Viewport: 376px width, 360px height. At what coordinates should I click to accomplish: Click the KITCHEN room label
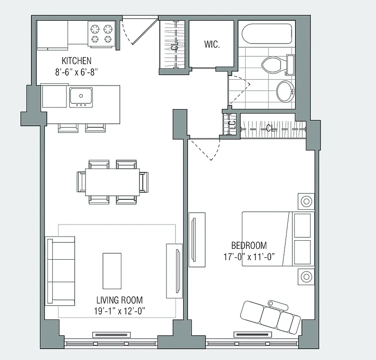[x=76, y=60]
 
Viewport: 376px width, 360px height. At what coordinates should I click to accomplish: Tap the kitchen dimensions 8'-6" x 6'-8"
[x=76, y=71]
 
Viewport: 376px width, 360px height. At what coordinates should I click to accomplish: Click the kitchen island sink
[x=81, y=96]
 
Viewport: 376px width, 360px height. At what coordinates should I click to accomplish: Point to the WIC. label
[x=211, y=45]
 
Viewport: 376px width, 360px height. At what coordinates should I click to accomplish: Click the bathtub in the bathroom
[x=266, y=34]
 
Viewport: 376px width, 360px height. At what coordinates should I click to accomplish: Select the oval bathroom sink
[x=284, y=91]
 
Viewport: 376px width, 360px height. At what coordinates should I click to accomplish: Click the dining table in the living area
[x=112, y=182]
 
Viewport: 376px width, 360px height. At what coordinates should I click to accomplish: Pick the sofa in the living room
[x=60, y=270]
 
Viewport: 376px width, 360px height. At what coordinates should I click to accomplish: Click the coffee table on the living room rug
[x=112, y=270]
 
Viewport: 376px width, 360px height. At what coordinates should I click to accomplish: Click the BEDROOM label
[x=249, y=246]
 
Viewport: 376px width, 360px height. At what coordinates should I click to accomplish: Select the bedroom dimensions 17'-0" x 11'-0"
[x=249, y=256]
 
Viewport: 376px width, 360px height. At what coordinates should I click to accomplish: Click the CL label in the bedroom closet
[x=269, y=128]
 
